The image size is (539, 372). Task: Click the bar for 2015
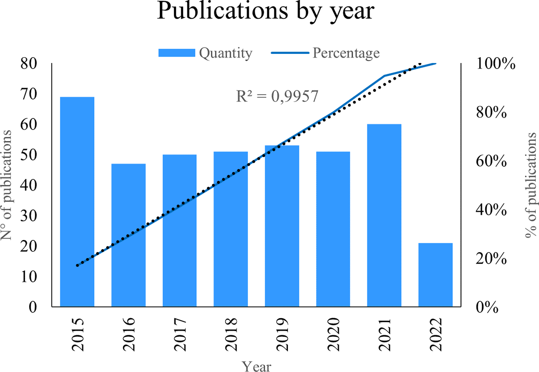pyautogui.click(x=77, y=201)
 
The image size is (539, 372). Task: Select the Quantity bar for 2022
pyautogui.click(x=435, y=274)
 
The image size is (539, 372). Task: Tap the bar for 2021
pyautogui.click(x=384, y=215)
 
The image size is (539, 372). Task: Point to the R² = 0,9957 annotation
pyautogui.click(x=277, y=96)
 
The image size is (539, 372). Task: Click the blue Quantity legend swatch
pyautogui.click(x=177, y=53)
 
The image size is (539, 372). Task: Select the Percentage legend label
pyautogui.click(x=346, y=53)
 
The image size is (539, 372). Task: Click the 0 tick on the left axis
pyautogui.click(x=33, y=307)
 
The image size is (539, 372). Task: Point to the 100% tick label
pyautogui.click(x=497, y=64)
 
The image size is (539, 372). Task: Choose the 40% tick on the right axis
pyautogui.click(x=493, y=210)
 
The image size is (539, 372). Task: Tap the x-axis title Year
pyautogui.click(x=256, y=366)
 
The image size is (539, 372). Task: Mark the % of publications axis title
pyautogui.click(x=531, y=185)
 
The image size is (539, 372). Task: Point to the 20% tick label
pyautogui.click(x=493, y=259)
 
